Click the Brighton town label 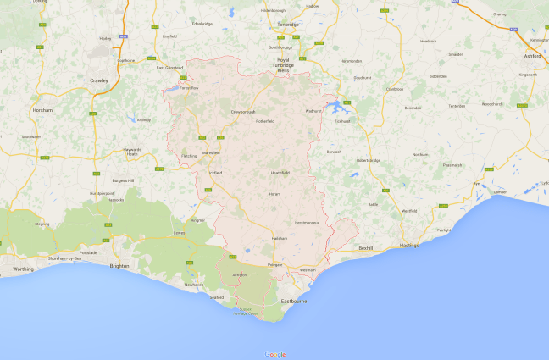tap(119, 265)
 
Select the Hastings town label tap(410, 244)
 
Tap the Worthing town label tap(23, 269)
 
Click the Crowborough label tap(242, 111)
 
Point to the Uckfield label tap(213, 172)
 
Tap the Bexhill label tap(366, 248)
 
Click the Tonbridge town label tap(287, 25)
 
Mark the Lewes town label tap(179, 232)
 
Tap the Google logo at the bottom tap(274, 354)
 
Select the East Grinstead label tap(169, 67)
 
